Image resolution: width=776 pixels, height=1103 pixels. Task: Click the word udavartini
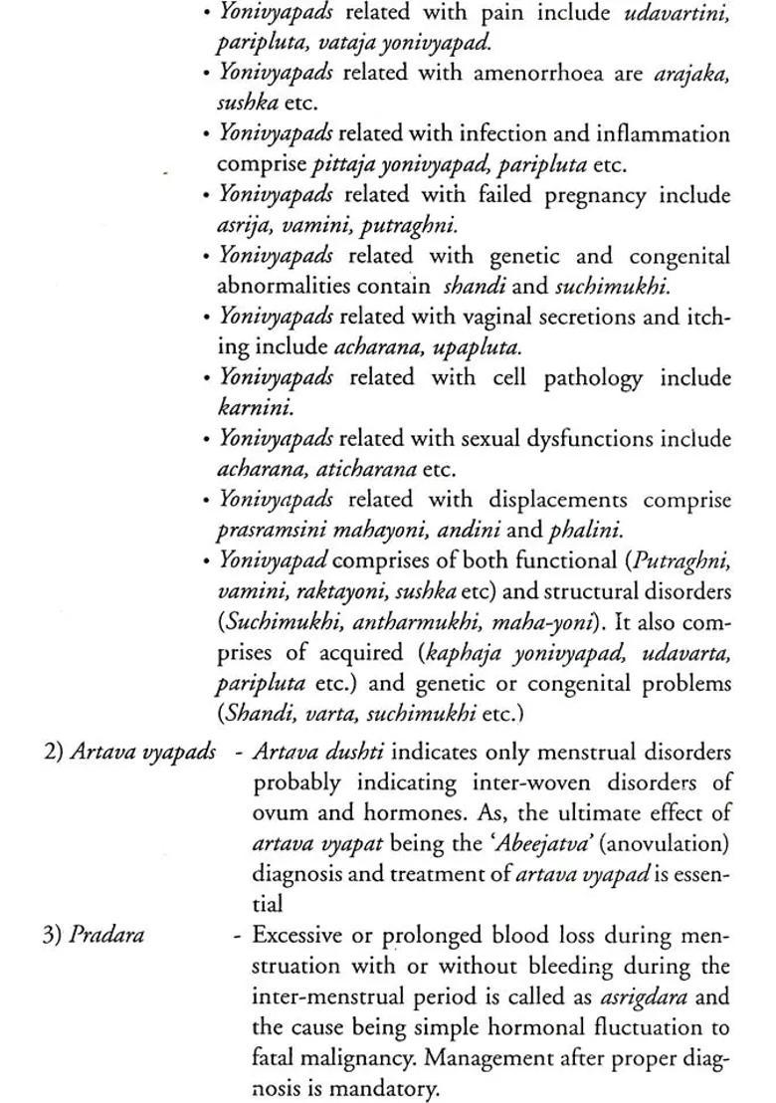677,13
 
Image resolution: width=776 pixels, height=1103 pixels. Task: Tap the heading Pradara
106,936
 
